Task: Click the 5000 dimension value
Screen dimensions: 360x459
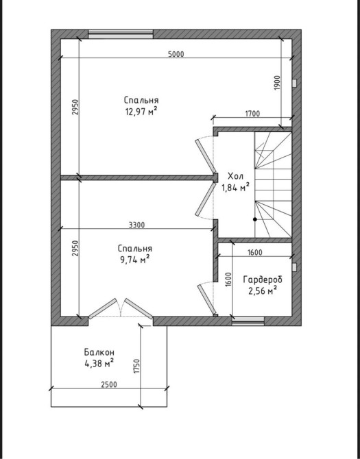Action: click(x=176, y=54)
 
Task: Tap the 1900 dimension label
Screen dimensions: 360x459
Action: click(x=278, y=83)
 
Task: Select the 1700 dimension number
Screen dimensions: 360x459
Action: click(x=252, y=114)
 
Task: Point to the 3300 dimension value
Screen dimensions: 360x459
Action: click(x=136, y=225)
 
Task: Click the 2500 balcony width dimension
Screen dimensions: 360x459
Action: click(x=109, y=384)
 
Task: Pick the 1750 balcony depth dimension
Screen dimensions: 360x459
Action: click(x=137, y=366)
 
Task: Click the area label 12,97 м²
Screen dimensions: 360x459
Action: click(x=141, y=112)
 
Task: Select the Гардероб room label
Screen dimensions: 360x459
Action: click(x=263, y=280)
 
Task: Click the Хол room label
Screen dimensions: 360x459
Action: click(x=235, y=176)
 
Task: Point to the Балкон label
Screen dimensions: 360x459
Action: click(x=99, y=351)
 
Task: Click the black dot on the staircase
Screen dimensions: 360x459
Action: click(x=255, y=219)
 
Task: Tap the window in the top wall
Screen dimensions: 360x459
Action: click(x=121, y=34)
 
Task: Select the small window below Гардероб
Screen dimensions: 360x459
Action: click(x=248, y=321)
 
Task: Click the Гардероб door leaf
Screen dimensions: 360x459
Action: click(x=207, y=299)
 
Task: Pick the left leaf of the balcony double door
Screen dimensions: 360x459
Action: click(x=103, y=308)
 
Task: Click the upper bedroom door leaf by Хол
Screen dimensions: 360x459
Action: click(x=206, y=156)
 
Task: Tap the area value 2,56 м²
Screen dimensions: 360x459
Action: click(x=263, y=291)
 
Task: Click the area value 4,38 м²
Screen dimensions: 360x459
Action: click(x=99, y=363)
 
